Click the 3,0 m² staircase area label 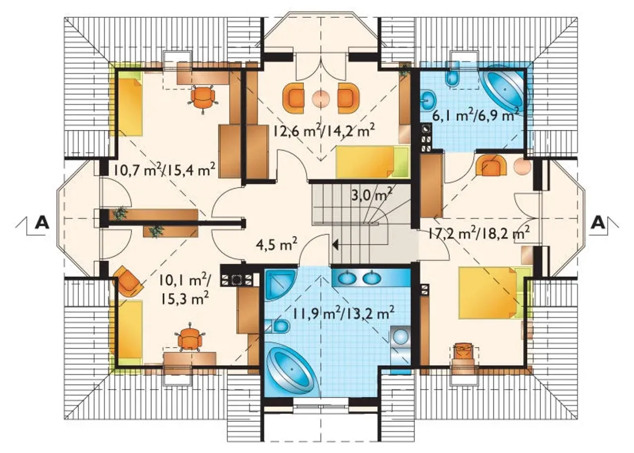371,195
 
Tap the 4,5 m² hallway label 276,245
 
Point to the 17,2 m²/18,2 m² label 478,234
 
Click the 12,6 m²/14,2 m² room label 324,130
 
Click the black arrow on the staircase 335,245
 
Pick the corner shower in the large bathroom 280,285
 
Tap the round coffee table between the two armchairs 320,98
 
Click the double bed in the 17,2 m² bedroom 495,293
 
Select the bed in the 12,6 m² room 372,162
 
